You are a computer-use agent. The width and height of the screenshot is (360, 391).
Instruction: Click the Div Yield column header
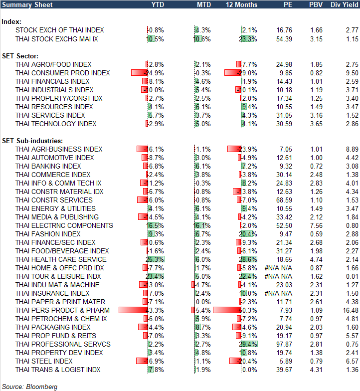tap(344, 5)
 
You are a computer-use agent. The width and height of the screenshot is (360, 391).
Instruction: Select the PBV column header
tap(315, 5)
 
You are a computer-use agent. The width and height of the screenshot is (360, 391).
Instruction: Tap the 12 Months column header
tap(242, 5)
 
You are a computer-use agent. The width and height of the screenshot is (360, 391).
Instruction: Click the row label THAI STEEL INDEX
tap(44, 361)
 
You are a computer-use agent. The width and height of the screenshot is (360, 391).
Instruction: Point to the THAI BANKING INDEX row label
tap(48, 166)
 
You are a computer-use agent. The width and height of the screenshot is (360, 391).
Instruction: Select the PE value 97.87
tap(283, 344)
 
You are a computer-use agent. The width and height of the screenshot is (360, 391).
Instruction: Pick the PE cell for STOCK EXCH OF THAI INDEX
tap(283, 30)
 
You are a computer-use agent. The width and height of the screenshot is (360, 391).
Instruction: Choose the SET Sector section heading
tap(21, 56)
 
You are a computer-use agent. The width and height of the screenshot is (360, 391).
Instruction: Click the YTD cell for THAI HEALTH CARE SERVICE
tap(155, 259)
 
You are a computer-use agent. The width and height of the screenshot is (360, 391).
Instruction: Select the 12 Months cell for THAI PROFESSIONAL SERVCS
tap(248, 344)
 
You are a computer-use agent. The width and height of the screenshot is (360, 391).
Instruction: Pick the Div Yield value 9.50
tap(351, 73)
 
